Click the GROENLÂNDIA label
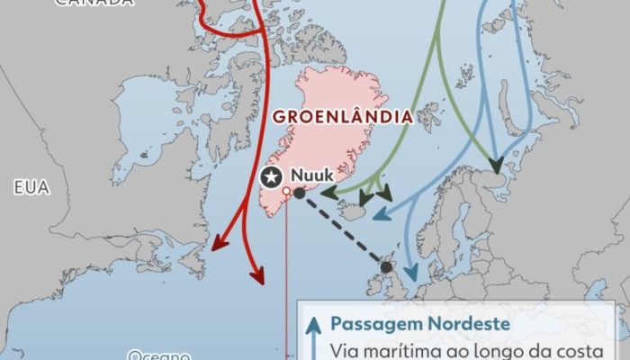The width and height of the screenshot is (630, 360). [342, 118]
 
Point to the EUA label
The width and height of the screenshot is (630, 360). [29, 188]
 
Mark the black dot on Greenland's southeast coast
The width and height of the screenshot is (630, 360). [300, 193]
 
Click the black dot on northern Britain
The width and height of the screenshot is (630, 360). [387, 267]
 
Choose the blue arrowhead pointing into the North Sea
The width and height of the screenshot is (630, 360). [411, 274]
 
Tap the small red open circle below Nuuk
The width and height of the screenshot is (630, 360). [286, 192]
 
